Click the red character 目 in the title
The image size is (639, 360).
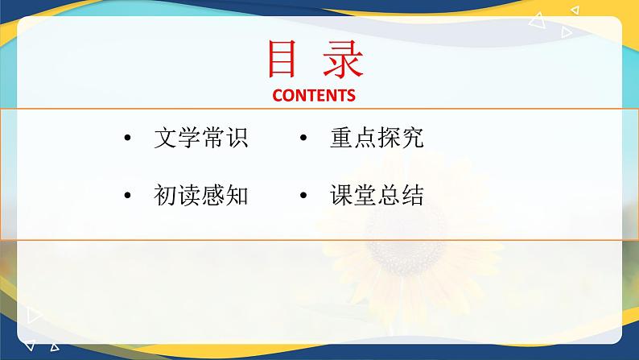(x=281, y=59)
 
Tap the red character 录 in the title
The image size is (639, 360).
(x=343, y=59)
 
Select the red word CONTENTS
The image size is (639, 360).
(x=314, y=95)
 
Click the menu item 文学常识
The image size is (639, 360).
(x=201, y=138)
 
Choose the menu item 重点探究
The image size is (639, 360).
(x=377, y=138)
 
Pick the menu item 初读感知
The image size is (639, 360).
(x=201, y=195)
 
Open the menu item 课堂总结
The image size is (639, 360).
(x=377, y=195)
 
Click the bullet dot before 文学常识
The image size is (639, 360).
(x=127, y=138)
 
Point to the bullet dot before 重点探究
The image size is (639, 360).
(x=303, y=138)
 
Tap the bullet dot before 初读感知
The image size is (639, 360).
(x=127, y=195)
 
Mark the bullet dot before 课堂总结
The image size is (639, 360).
(x=303, y=195)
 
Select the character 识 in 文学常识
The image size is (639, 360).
(x=237, y=138)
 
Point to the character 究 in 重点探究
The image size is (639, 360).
(x=413, y=138)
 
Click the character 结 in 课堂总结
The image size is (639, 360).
(x=413, y=195)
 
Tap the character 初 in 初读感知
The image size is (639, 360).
(x=165, y=195)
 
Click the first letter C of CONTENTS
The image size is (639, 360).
(x=278, y=95)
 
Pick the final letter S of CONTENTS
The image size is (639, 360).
(x=351, y=95)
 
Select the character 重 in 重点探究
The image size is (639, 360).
(x=341, y=138)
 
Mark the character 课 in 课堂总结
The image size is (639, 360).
(x=341, y=195)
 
